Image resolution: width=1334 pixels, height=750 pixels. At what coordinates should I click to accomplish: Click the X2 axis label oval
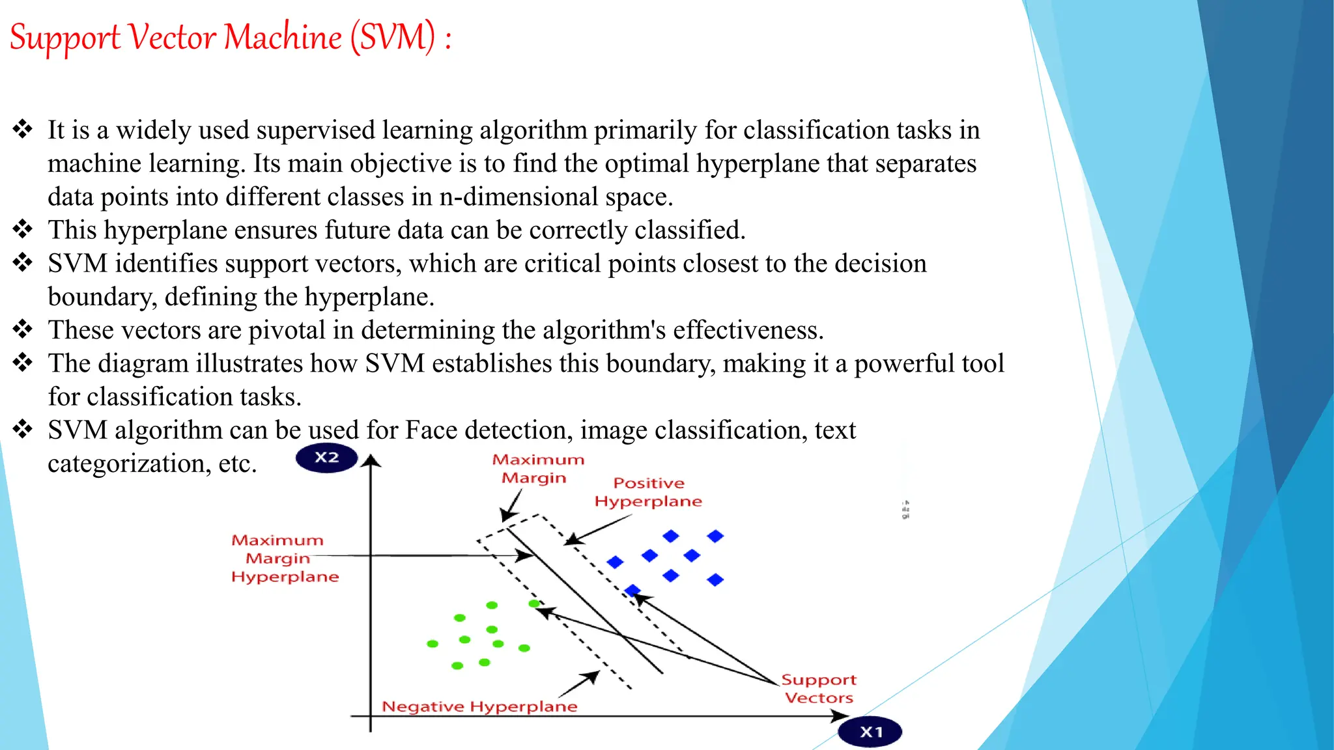tap(326, 458)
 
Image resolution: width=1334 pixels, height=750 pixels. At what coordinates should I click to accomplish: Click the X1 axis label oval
tap(870, 732)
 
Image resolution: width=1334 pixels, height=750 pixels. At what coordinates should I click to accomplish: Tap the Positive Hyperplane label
tap(648, 492)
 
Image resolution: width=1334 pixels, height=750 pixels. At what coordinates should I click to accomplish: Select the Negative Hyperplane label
tap(479, 706)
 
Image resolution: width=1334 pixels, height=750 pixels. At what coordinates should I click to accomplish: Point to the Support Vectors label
tap(819, 689)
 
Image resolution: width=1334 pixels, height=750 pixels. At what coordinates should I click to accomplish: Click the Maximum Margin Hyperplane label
tap(285, 559)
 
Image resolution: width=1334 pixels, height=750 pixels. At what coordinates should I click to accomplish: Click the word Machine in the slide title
tap(283, 38)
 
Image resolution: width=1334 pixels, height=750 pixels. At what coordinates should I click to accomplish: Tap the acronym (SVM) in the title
tap(393, 38)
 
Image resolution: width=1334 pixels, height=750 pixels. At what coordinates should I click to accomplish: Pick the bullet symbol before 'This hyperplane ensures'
tap(23, 229)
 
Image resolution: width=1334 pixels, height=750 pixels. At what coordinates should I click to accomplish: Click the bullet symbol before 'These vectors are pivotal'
tap(23, 329)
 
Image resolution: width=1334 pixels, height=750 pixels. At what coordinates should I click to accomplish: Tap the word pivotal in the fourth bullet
tap(287, 330)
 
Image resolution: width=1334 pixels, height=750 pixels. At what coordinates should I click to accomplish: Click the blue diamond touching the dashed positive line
tap(632, 590)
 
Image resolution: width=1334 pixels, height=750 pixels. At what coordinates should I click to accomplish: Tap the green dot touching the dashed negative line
tap(534, 604)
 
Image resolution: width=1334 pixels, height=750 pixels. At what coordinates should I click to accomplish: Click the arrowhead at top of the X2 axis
tap(371, 461)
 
